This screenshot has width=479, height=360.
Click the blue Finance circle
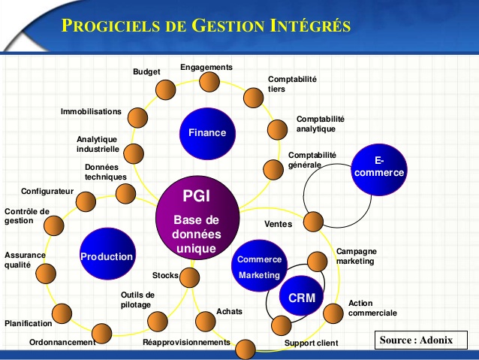coord(206,133)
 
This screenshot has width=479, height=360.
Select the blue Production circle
coord(107,256)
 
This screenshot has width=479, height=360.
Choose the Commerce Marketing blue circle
coord(259,267)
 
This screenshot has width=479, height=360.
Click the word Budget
coord(146,72)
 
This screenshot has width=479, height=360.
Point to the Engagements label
coord(206,67)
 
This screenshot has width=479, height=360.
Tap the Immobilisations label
coord(91,111)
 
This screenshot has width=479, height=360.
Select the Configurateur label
coord(47,191)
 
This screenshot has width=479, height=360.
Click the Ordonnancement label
coord(62,342)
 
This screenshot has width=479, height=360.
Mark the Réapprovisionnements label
coord(186,342)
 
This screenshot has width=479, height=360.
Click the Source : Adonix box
coord(416,340)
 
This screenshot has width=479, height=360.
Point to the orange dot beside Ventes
coord(313,221)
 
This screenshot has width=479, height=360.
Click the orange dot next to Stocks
coord(189,277)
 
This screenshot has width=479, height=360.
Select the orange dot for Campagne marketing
coord(318,261)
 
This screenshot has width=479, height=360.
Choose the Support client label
coord(311,343)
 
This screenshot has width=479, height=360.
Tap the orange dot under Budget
coord(166,90)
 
